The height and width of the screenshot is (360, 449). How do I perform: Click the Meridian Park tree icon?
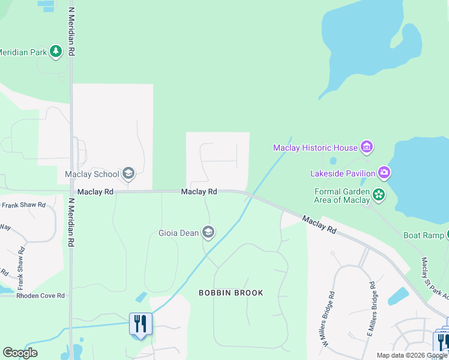[x=56, y=52]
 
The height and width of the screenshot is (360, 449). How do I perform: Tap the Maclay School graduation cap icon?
[x=128, y=174]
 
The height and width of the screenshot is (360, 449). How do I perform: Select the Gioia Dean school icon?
[x=208, y=232]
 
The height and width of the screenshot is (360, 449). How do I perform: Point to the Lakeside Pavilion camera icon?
[x=384, y=173]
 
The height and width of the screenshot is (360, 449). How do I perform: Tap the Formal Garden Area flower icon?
[x=379, y=194]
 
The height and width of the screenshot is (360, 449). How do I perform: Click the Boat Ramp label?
[x=424, y=236]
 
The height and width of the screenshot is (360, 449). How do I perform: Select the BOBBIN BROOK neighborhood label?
[x=231, y=293]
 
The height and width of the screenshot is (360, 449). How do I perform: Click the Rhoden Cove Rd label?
[x=32, y=295]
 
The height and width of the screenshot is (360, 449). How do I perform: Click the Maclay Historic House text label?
[x=315, y=147]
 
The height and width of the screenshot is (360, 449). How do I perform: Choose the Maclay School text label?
[x=92, y=175]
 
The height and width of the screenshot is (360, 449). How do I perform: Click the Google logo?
[x=20, y=353]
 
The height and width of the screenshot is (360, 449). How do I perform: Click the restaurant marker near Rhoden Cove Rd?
[x=141, y=324]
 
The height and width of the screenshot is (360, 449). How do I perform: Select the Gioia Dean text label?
[x=178, y=232]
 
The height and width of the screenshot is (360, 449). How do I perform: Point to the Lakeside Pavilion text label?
[x=342, y=173]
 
